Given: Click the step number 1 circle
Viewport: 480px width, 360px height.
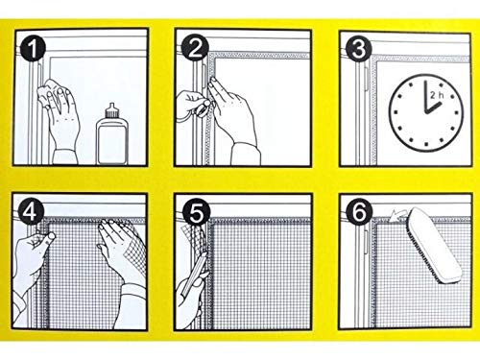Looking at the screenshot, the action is (x=33, y=48).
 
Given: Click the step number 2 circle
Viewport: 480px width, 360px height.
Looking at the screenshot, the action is (x=195, y=47).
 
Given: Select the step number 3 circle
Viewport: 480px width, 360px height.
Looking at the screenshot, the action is (x=358, y=49).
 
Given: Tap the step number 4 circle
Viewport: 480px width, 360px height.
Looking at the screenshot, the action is (x=32, y=211).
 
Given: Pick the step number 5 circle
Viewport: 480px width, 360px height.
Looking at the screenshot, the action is (x=197, y=213).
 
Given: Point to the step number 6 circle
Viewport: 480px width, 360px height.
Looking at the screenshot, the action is (x=360, y=211).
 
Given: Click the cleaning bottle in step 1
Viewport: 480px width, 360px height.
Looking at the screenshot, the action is (x=111, y=133).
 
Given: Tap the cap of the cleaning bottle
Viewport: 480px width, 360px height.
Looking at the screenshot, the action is (x=111, y=110).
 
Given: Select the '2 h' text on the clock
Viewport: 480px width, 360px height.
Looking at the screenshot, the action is (x=437, y=95).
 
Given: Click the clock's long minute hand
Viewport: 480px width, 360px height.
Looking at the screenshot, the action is (x=426, y=96).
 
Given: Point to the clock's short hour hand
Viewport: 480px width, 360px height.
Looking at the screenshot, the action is (x=434, y=108).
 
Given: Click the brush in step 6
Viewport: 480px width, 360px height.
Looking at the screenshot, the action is (x=434, y=245).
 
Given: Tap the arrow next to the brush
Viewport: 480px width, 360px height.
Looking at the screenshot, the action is (x=398, y=215).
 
